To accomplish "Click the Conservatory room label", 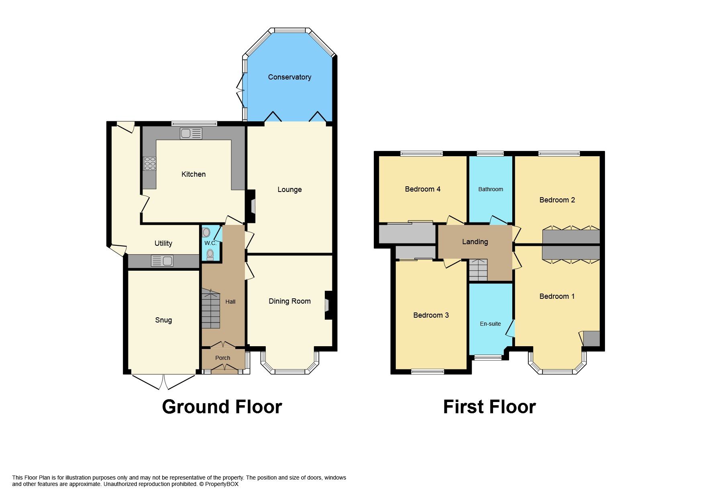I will [289, 77].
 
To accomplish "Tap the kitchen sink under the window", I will [191, 133].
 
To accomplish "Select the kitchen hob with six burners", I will [150, 163].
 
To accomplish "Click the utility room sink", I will [162, 261].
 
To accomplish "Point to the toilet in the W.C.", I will [210, 255].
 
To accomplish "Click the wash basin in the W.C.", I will [206, 233].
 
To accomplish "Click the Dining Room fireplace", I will [328, 305].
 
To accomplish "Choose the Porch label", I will [222, 358].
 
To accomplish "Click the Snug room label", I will [163, 320].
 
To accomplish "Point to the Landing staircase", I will [478, 270].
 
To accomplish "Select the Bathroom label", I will [490, 189].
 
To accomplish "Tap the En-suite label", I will [490, 324].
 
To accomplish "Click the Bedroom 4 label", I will [422, 189].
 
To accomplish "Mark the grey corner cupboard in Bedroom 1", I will [591, 339].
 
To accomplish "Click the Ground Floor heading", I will [222, 407].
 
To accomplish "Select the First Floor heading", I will [489, 407].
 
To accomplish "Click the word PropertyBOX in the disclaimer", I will [222, 484].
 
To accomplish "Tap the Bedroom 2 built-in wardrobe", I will [571, 237].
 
